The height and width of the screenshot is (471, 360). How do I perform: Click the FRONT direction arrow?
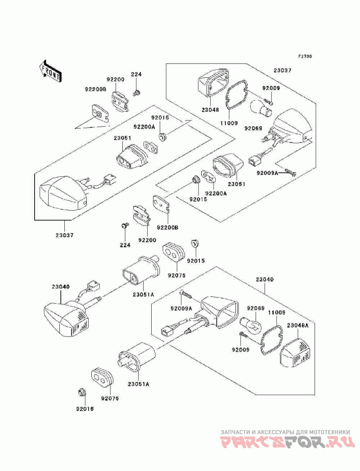coord(50,71)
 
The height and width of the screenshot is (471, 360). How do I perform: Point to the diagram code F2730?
coord(305,56)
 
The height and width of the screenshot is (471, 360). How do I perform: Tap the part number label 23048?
coord(210,110)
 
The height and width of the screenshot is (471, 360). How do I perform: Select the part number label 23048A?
coord(298,325)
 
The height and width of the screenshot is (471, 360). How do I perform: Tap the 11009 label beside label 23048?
coord(229,123)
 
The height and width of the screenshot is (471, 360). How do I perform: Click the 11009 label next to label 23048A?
coord(277,313)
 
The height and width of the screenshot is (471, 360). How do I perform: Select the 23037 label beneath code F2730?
coord(283,71)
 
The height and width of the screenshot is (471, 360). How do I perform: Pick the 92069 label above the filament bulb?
coord(256,309)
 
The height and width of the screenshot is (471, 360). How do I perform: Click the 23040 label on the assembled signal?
coord(60,287)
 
